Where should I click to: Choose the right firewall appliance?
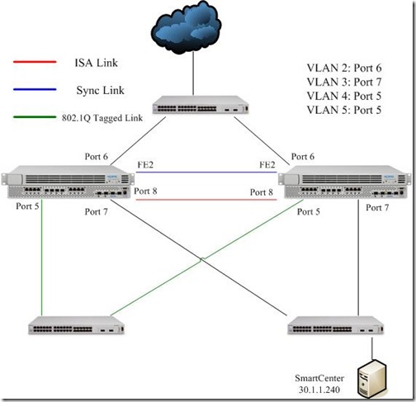pyautogui.click(x=343, y=183)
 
